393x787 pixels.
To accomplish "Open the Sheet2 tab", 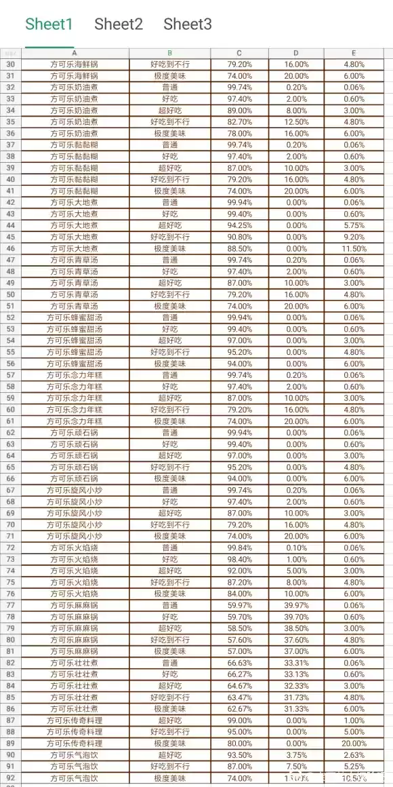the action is [119, 25].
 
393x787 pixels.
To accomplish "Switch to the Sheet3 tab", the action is [188, 25].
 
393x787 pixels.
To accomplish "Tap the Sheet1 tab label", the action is [49, 25].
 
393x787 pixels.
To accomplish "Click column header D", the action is [296, 53].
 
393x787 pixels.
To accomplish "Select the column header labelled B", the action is [169, 53].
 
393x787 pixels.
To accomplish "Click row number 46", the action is [10, 248].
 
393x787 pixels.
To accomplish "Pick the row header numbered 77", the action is [10, 605].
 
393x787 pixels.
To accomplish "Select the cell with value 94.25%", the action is [240, 225].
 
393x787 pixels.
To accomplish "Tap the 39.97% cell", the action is [296, 605].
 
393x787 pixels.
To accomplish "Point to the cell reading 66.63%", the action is [240, 663].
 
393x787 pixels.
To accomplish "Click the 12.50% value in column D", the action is [296, 122].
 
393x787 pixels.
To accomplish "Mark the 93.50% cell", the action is [240, 755].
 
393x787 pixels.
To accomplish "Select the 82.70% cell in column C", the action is [240, 122].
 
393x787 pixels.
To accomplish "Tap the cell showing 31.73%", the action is [296, 697].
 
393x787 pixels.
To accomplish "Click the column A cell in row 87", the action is [75, 721].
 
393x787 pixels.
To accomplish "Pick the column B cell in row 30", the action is [169, 64].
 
